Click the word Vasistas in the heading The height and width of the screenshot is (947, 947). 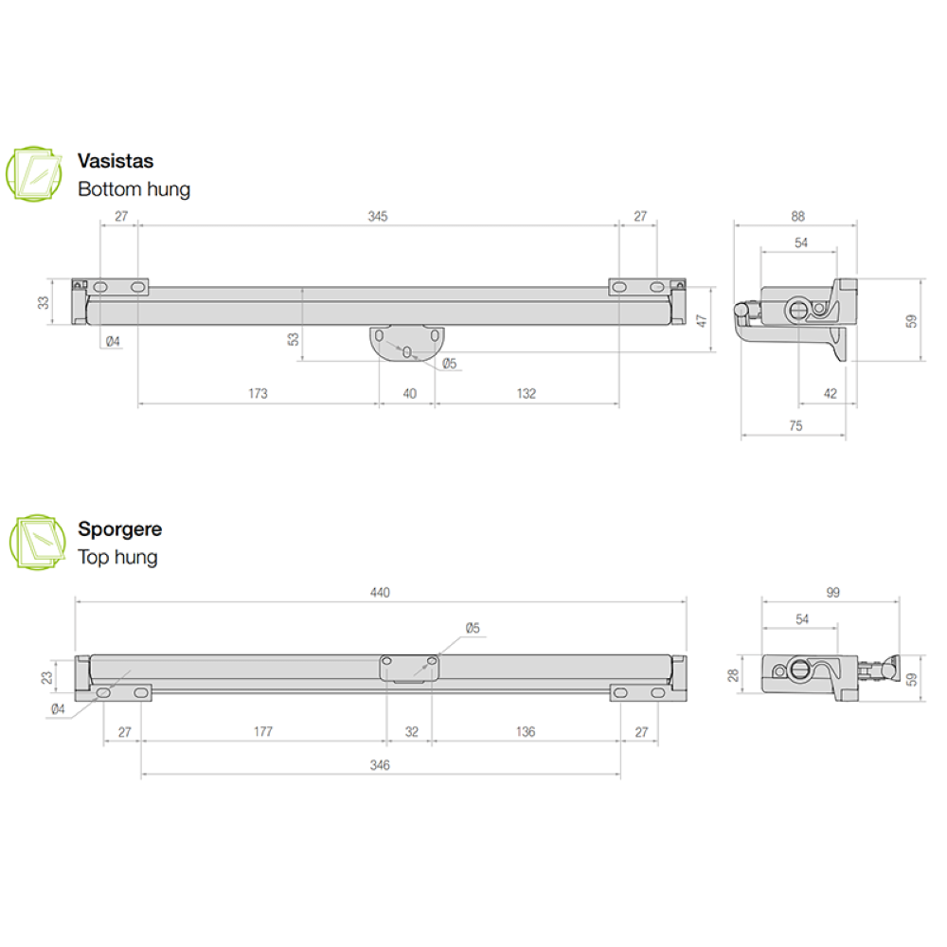(x=116, y=161)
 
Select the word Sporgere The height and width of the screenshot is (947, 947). (x=119, y=529)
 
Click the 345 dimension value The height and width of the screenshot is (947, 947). (x=377, y=217)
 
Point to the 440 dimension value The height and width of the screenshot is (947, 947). (x=380, y=593)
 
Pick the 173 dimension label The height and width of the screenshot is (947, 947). (x=258, y=394)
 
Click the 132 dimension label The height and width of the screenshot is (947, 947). (x=527, y=394)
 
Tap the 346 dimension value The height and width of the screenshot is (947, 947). (x=380, y=765)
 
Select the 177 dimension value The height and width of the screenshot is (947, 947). (x=263, y=731)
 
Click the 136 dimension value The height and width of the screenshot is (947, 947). (x=526, y=731)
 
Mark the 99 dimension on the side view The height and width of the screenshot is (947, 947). (x=832, y=593)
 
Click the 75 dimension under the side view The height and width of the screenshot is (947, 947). (x=795, y=426)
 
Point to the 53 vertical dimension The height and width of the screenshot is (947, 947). (x=294, y=338)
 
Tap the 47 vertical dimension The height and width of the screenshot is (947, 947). (x=702, y=321)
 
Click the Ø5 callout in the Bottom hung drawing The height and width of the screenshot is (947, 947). (x=449, y=364)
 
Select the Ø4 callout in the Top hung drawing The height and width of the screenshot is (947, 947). (x=57, y=708)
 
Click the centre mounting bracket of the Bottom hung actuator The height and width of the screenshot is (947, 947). (x=407, y=344)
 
